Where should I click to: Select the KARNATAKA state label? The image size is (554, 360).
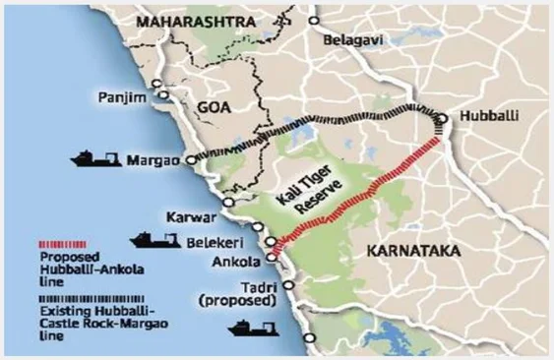pos(412,252)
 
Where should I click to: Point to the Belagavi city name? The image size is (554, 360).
pos(356,40)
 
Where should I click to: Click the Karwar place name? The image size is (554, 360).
pos(191,215)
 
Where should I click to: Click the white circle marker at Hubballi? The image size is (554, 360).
pos(444,120)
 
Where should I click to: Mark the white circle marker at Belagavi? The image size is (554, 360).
pos(314,21)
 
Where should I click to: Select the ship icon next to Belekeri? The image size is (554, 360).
pos(154,239)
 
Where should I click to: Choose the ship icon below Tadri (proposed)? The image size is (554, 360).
pos(253,327)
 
